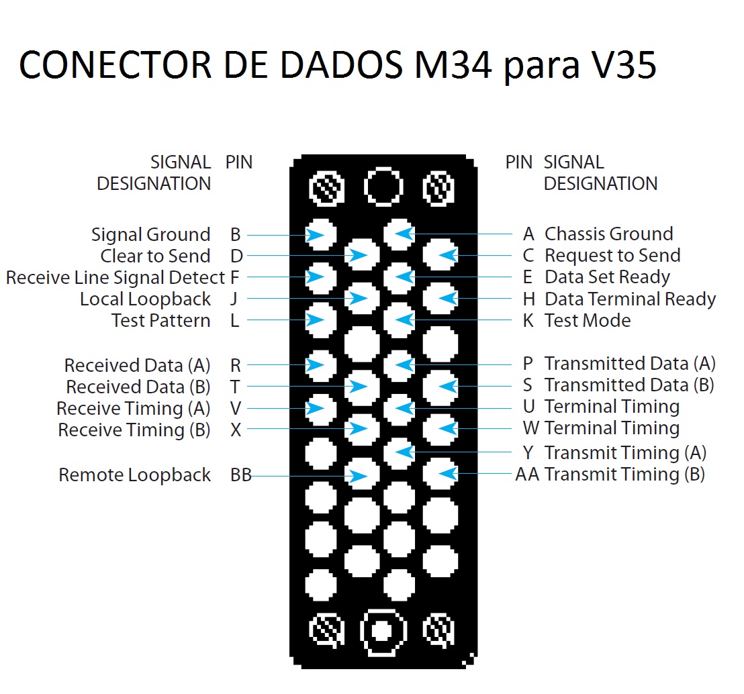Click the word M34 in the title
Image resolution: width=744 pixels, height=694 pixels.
453,65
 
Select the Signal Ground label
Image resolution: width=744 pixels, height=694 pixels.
151,235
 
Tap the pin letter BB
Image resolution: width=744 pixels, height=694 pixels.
241,475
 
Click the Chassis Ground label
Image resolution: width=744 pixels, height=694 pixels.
609,234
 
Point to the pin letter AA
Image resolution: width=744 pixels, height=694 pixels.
527,475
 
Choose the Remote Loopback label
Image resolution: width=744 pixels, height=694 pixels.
135,475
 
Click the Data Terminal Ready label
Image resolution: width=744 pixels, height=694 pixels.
630,299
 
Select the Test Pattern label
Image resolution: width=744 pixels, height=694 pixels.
161,321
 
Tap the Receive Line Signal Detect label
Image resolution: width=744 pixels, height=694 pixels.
115,278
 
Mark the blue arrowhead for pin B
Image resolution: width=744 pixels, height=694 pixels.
315,235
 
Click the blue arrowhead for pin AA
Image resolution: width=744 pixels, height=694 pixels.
449,473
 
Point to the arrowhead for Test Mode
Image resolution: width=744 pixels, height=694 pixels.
405,319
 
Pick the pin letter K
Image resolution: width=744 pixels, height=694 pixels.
528,321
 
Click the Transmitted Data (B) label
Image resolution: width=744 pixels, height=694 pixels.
629,385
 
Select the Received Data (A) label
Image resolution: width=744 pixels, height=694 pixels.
137,366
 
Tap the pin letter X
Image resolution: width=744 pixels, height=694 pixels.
236,430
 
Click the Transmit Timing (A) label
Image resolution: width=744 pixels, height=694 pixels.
625,453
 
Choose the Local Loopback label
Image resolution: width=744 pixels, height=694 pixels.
145,299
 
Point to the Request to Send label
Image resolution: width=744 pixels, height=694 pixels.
612,256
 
